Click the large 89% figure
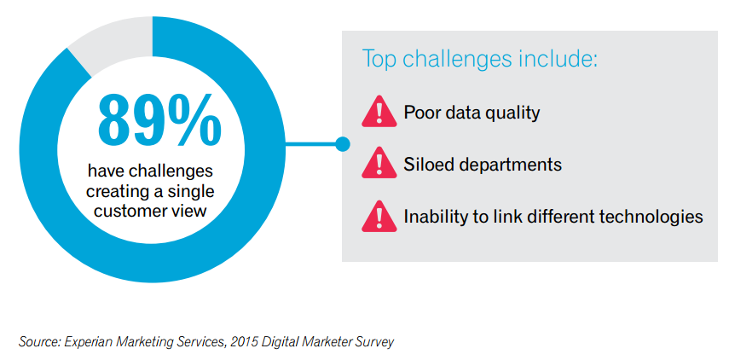pyautogui.click(x=159, y=120)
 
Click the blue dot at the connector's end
pyautogui.click(x=343, y=144)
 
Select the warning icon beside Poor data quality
pyautogui.click(x=379, y=112)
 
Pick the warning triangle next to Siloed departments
pyautogui.click(x=379, y=163)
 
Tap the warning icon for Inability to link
pyautogui.click(x=379, y=217)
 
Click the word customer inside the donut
pyautogui.click(x=122, y=211)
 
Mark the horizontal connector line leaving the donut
pyautogui.click(x=310, y=144)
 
